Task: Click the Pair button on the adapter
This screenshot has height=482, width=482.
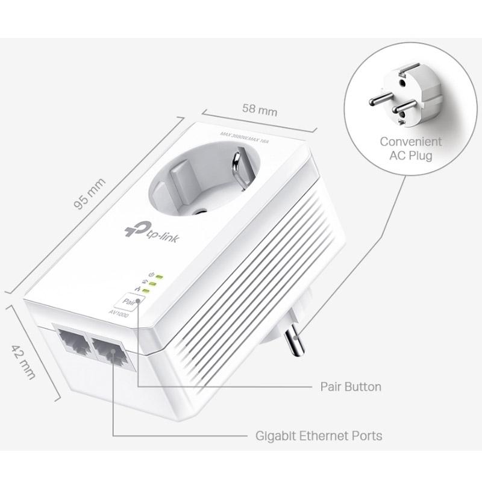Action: [x=129, y=299]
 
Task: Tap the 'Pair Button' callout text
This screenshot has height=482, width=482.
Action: [x=350, y=386]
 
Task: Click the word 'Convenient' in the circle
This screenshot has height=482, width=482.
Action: [x=410, y=142]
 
